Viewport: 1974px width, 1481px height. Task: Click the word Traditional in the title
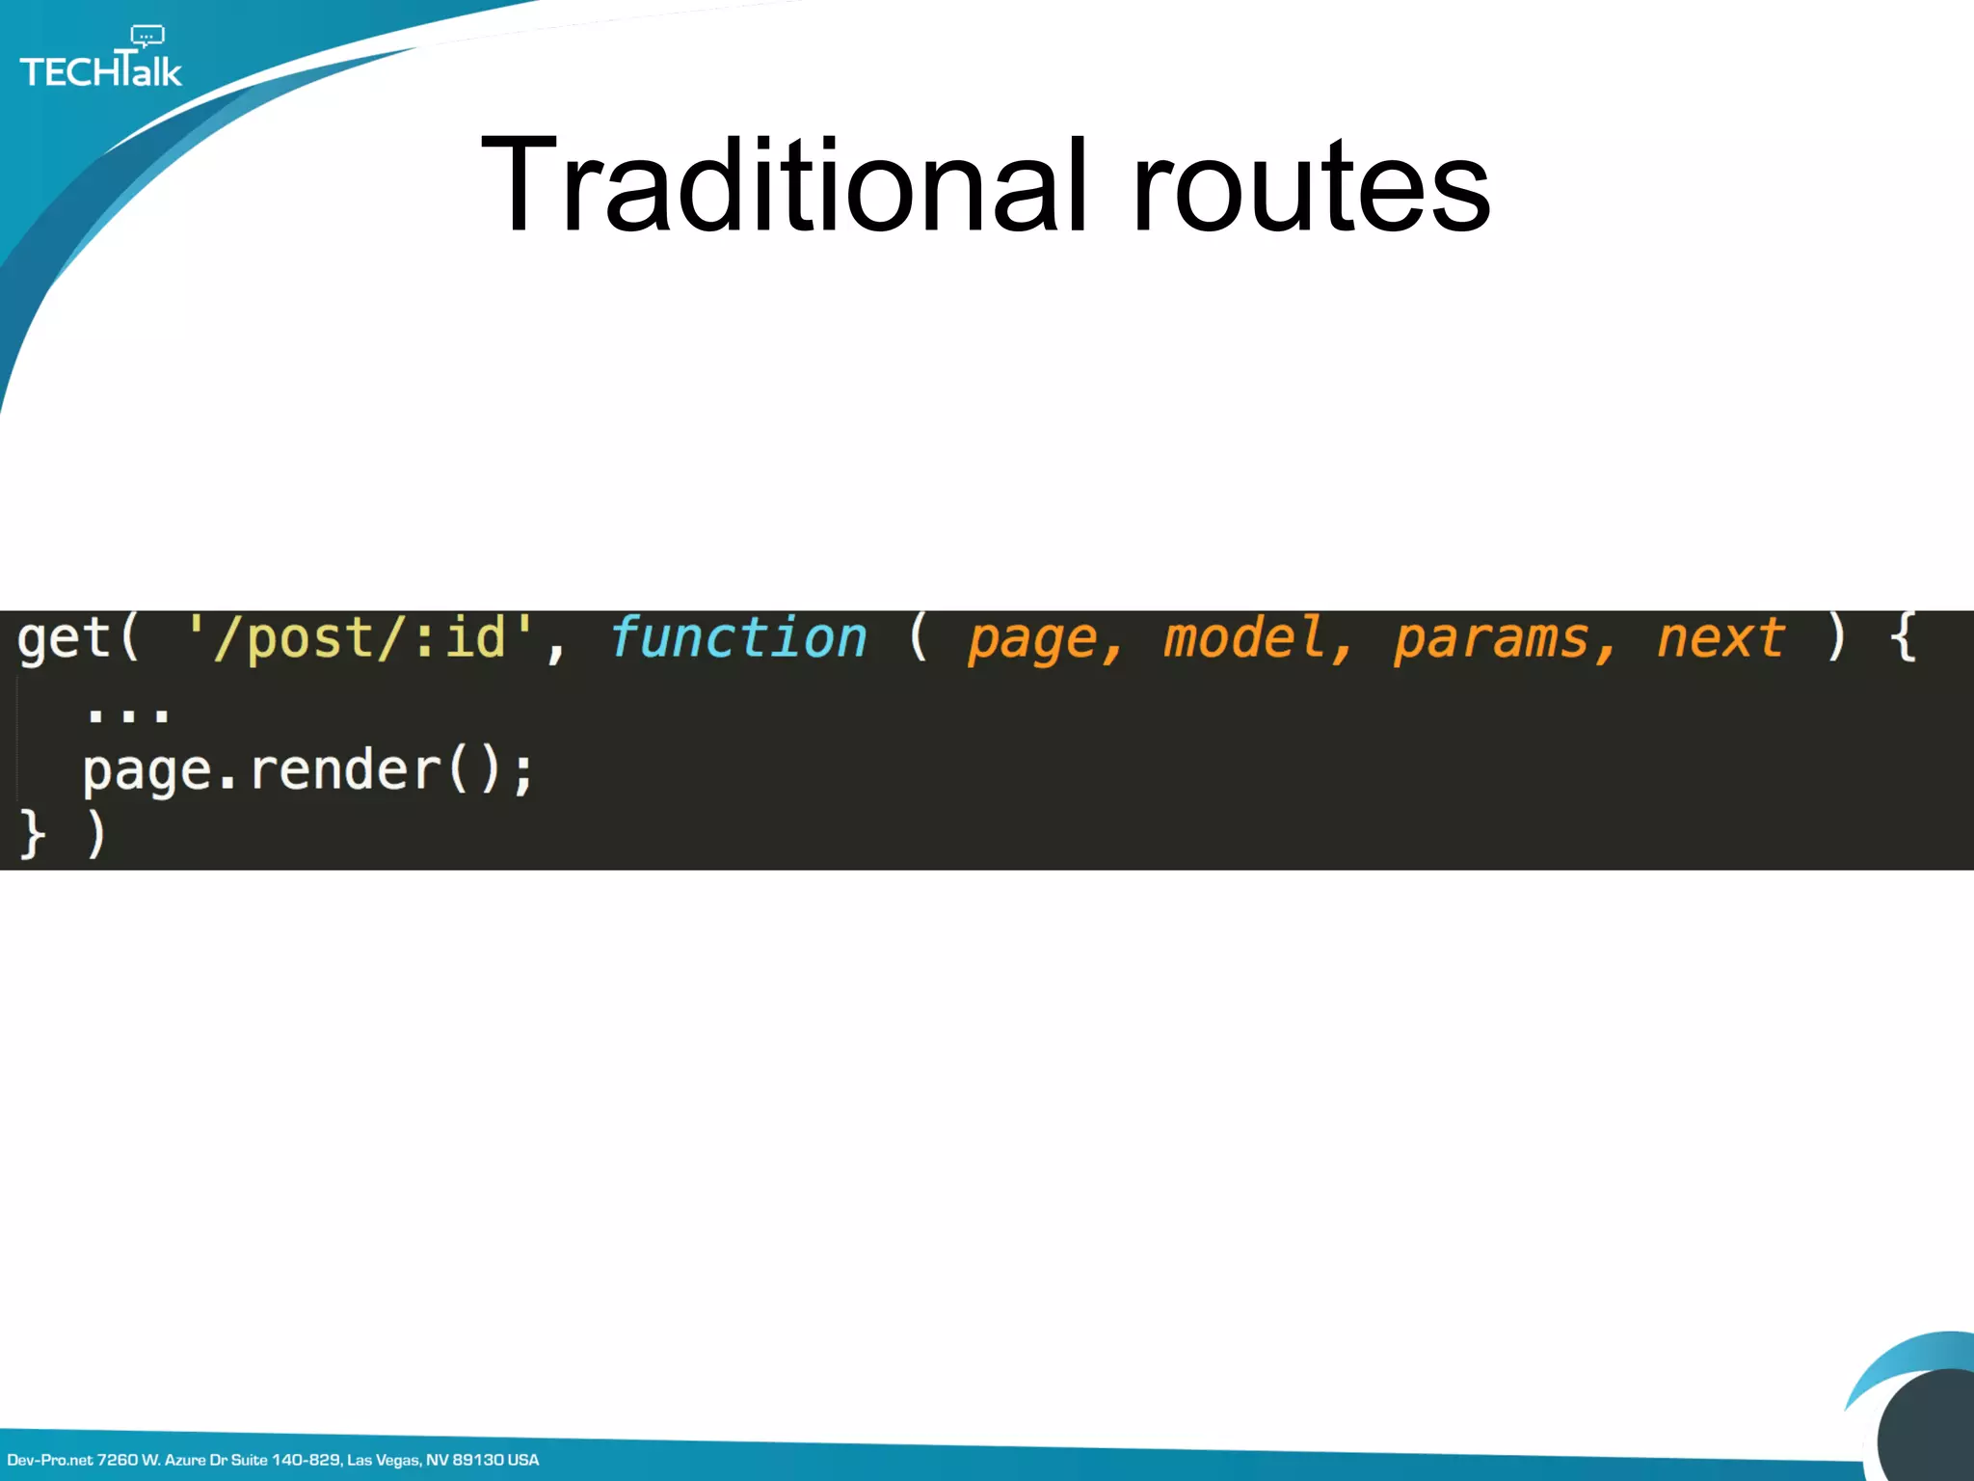784,185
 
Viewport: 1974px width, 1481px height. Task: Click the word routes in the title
1311,185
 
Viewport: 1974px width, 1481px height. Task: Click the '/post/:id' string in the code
360,638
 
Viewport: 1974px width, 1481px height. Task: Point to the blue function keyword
738,638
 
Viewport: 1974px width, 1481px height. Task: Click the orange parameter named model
1243,638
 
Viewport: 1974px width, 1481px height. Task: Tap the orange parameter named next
1721,638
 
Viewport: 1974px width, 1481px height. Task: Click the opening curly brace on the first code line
1902,638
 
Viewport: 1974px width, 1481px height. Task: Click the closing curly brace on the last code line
32,833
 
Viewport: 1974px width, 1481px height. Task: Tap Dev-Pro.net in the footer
50,1460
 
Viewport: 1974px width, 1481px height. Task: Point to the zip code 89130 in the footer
477,1460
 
